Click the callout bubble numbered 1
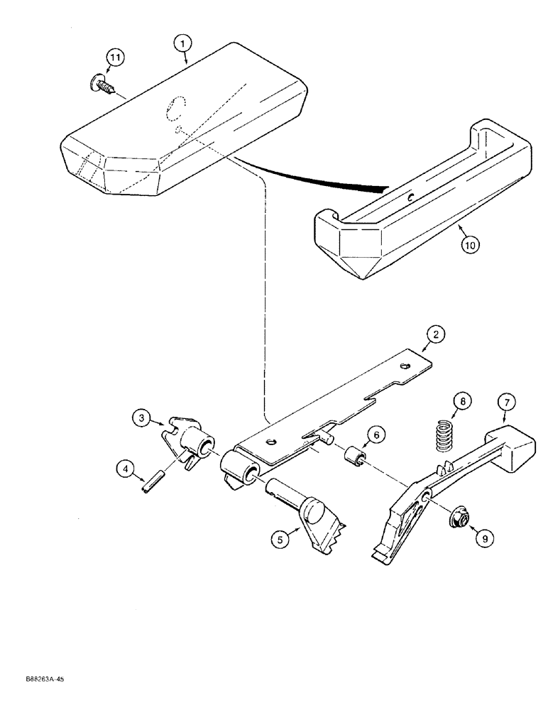click(x=183, y=43)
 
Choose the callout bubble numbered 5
click(x=280, y=540)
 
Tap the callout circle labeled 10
click(x=469, y=244)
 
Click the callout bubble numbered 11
click(x=115, y=58)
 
